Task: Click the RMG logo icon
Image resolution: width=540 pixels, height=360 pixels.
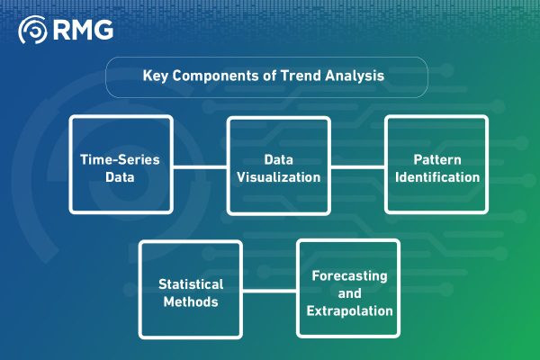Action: click(x=33, y=30)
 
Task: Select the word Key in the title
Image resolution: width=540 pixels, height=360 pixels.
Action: click(x=155, y=76)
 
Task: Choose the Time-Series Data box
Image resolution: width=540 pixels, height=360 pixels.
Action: click(x=121, y=166)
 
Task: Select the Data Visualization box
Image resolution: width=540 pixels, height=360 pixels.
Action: click(x=278, y=166)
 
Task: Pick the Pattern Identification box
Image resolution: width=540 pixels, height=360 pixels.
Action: click(x=436, y=166)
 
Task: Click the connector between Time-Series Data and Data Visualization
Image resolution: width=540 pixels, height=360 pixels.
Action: click(x=199, y=166)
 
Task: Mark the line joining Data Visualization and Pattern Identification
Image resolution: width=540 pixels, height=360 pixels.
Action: click(x=357, y=166)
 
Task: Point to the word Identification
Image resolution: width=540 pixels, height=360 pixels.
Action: click(x=436, y=176)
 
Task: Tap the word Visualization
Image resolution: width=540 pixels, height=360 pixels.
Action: click(x=278, y=176)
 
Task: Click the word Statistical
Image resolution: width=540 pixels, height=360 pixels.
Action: click(x=190, y=283)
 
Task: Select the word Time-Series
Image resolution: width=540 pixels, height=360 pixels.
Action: click(x=121, y=158)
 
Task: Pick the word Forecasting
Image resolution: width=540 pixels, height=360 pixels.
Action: click(x=347, y=275)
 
